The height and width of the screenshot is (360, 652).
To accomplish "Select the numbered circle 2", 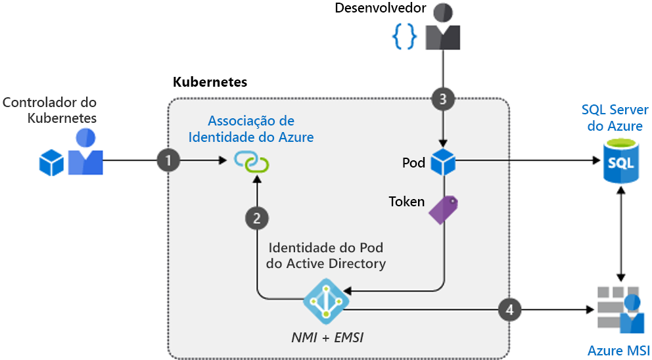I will point(256,219).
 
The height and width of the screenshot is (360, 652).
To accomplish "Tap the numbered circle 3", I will point(443,100).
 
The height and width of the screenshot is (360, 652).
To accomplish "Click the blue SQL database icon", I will point(621,162).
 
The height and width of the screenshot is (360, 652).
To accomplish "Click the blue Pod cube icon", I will point(443,162).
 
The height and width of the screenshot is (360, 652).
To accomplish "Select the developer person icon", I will point(443,28).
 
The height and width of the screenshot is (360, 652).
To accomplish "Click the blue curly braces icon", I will point(404,37).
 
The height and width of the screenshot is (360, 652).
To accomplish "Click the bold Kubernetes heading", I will point(210,82).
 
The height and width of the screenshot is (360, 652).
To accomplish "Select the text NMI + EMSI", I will point(327,337).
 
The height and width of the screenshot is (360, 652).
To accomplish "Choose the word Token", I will point(407,201).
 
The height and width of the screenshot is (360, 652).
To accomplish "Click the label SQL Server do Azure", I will point(615,118).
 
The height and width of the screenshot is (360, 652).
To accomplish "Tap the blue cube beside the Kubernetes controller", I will point(51,162).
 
